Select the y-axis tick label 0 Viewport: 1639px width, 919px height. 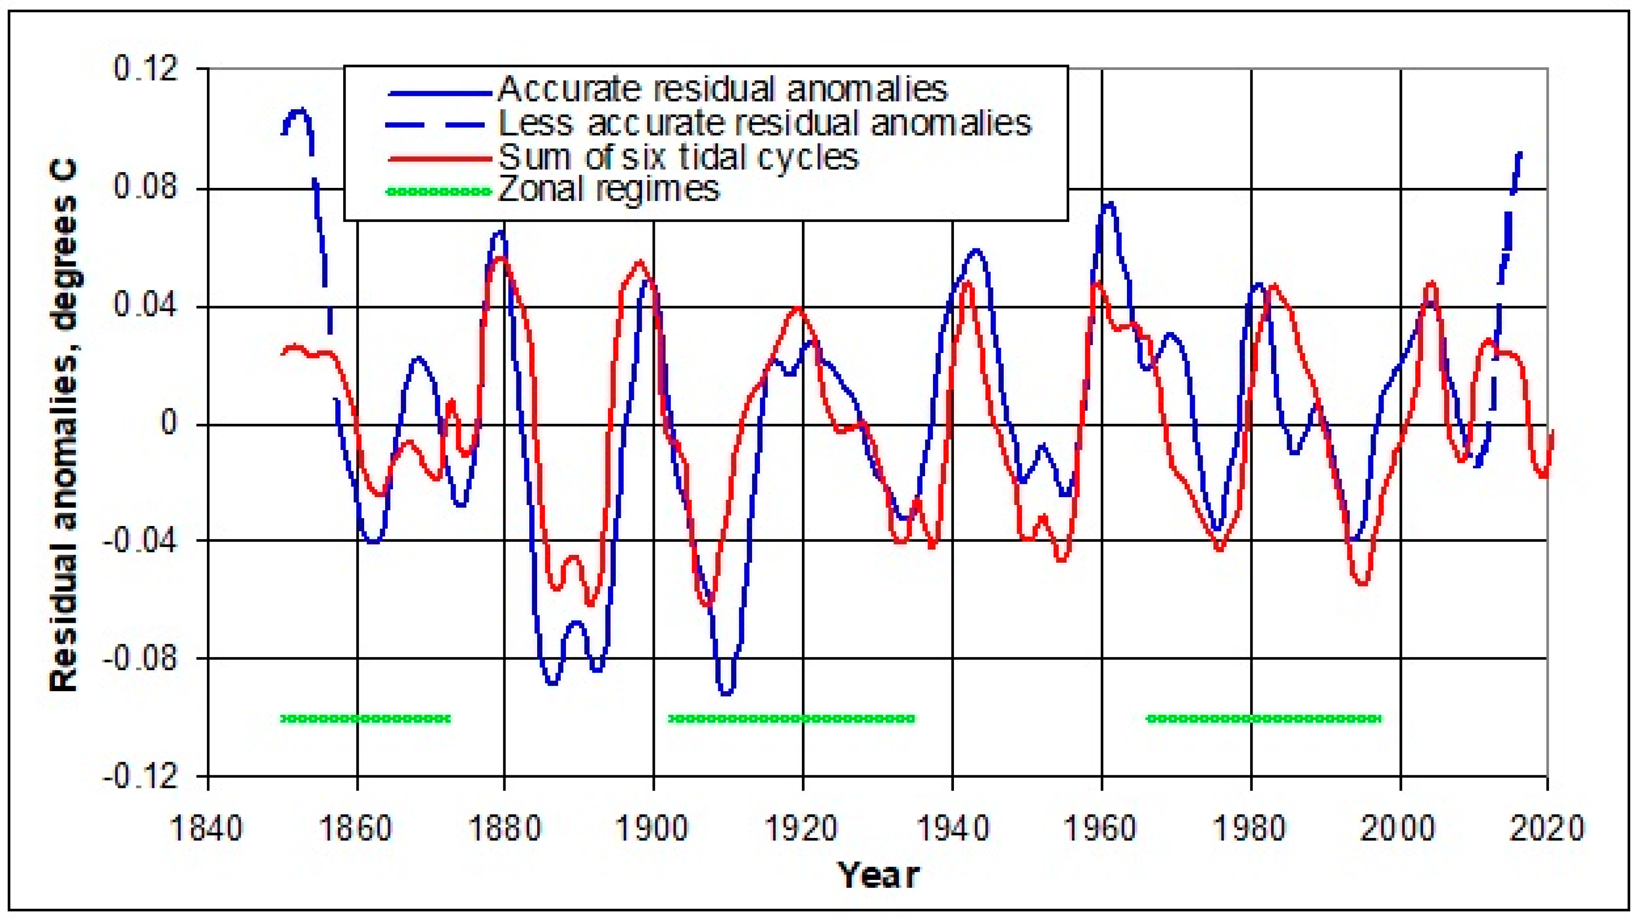tap(169, 423)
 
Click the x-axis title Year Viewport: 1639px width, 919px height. tap(878, 875)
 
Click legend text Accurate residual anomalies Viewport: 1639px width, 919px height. tap(723, 89)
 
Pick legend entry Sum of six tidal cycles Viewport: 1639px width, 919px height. tap(678, 157)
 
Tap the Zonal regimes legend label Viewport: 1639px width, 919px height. tap(609, 189)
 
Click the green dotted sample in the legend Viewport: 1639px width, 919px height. tap(439, 191)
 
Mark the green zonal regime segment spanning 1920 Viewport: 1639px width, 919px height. tap(792, 719)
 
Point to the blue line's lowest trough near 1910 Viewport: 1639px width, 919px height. tap(726, 693)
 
